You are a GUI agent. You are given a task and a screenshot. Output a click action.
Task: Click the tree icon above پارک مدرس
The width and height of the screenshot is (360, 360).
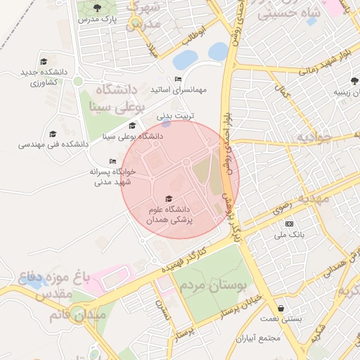coord(97,7)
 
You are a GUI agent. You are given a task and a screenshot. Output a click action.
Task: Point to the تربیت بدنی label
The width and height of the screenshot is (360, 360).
coord(174,115)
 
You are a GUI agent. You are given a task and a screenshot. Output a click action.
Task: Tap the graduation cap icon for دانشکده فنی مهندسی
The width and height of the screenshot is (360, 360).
coord(52,134)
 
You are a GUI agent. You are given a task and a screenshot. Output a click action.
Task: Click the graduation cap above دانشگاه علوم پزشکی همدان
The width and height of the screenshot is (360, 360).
coord(168,199)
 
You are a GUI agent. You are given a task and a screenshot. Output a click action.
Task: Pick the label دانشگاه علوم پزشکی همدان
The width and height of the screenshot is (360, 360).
coord(169,214)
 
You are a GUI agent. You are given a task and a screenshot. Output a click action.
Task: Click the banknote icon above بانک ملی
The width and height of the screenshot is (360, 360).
coord(290,224)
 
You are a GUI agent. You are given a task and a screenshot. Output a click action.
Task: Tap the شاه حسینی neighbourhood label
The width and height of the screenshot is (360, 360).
coord(288,13)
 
